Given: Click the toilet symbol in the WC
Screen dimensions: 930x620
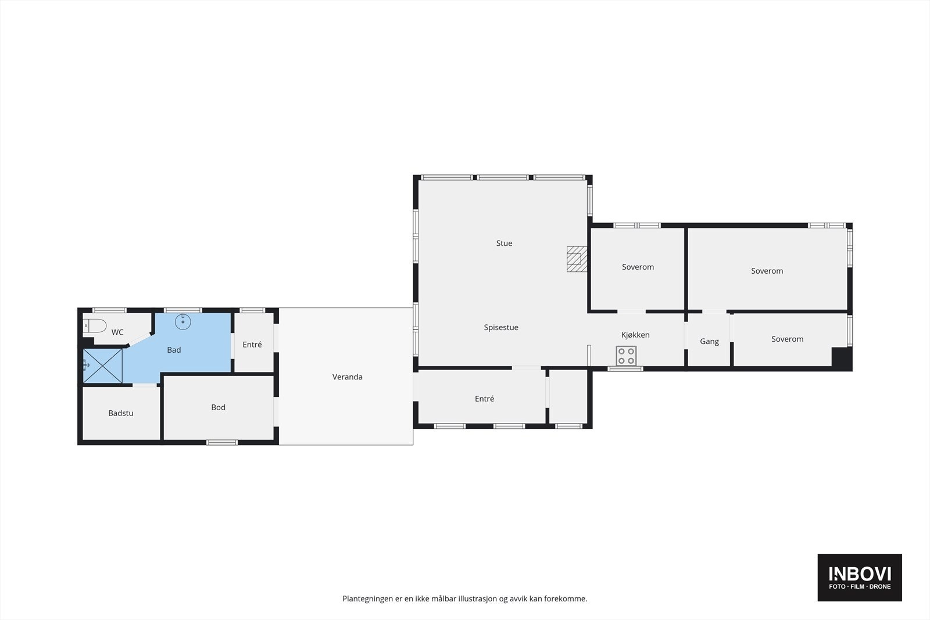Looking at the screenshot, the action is pyautogui.click(x=95, y=326).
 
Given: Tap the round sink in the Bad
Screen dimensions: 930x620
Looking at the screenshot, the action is pyautogui.click(x=183, y=321).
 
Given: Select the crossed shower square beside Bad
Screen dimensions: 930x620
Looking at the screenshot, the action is pyautogui.click(x=102, y=365).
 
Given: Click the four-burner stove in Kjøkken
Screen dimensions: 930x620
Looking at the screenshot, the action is pyautogui.click(x=626, y=356).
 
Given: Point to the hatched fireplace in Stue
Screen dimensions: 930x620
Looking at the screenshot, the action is pyautogui.click(x=577, y=259).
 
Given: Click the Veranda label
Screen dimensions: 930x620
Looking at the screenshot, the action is pyautogui.click(x=348, y=377).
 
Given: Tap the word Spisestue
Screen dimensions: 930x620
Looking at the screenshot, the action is pyautogui.click(x=501, y=327).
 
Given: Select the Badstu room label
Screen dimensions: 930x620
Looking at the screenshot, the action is pyautogui.click(x=121, y=413).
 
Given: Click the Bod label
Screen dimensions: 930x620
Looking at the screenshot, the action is pyautogui.click(x=219, y=407).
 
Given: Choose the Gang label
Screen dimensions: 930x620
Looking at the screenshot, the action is pyautogui.click(x=710, y=342).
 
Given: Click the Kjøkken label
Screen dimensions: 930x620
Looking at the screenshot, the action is pyautogui.click(x=636, y=335).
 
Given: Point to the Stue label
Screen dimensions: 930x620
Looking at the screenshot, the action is pyautogui.click(x=505, y=243).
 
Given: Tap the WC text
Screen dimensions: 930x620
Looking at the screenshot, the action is pyautogui.click(x=117, y=332).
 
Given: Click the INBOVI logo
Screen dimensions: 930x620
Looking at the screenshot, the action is pyautogui.click(x=860, y=578).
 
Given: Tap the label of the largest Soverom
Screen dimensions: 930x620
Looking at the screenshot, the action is pyautogui.click(x=767, y=271).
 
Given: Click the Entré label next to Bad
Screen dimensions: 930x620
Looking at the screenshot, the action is pyautogui.click(x=252, y=345).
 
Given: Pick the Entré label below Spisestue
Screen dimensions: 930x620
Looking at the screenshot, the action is pyautogui.click(x=485, y=399).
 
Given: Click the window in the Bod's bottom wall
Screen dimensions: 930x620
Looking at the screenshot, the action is pyautogui.click(x=222, y=442).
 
